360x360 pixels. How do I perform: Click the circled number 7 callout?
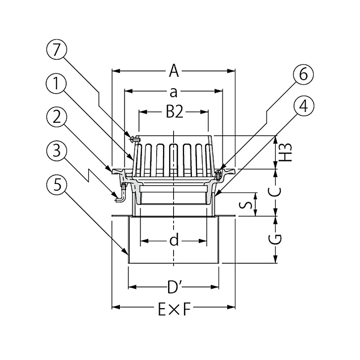point(57,51)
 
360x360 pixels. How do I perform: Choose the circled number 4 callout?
point(303,107)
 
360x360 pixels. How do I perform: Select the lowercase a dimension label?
point(174,92)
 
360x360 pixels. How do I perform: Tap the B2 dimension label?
point(175,112)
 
